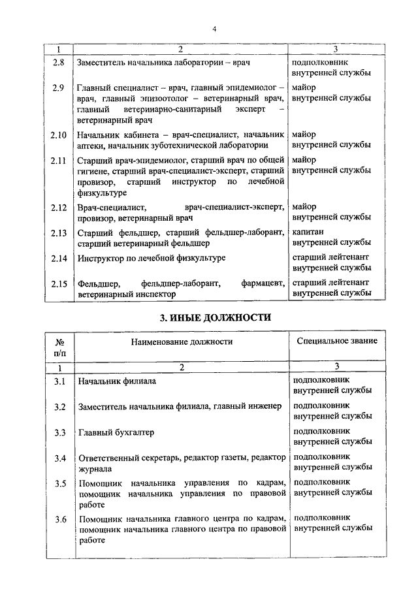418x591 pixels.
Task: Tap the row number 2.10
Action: (59, 135)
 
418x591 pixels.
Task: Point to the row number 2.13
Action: (59, 232)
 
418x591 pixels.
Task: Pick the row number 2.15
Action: (59, 283)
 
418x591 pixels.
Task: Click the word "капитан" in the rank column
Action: (309, 232)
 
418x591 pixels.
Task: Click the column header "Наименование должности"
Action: (182, 342)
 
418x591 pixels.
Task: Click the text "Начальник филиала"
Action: (116, 380)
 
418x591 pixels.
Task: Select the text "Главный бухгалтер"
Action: (116, 432)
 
